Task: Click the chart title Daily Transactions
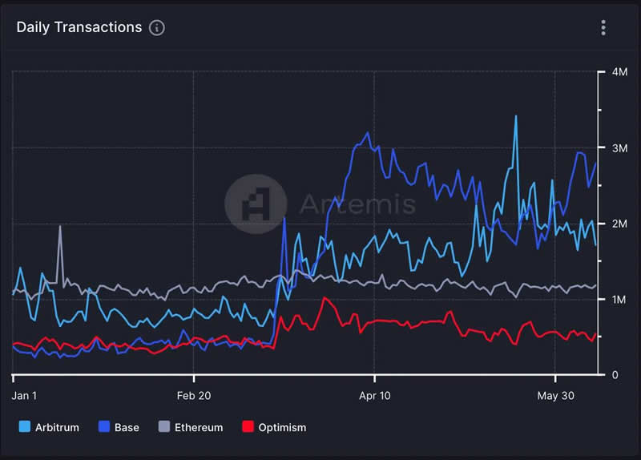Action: (x=79, y=27)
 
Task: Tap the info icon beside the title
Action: (x=157, y=28)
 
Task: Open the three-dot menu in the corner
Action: (x=603, y=28)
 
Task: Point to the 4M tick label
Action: (x=619, y=72)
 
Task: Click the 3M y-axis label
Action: (x=619, y=148)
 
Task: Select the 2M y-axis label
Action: (x=619, y=224)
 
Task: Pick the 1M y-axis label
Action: (x=619, y=300)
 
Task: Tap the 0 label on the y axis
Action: (x=614, y=375)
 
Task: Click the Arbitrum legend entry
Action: (x=56, y=427)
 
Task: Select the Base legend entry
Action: (x=127, y=427)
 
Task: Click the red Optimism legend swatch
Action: (x=248, y=427)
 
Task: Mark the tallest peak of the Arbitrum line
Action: (x=515, y=117)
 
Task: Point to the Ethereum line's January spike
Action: (x=60, y=227)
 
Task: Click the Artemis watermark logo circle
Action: (x=256, y=204)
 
